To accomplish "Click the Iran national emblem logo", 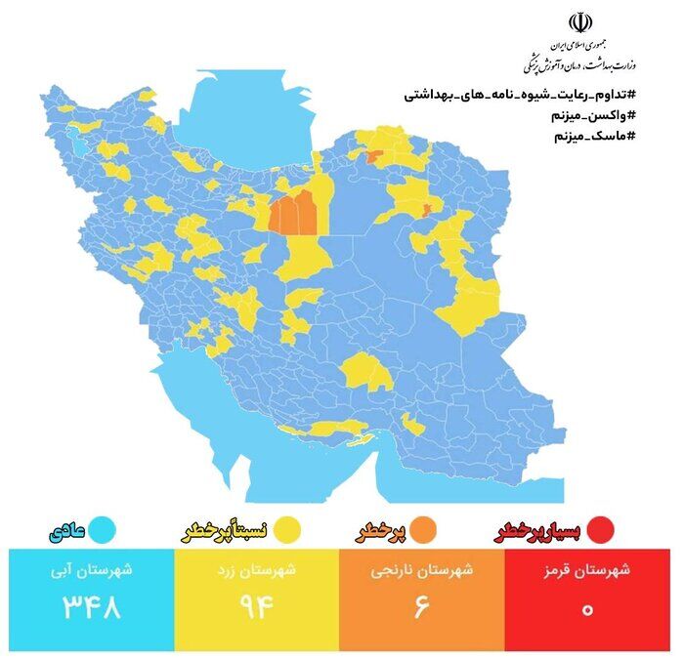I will (x=581, y=22).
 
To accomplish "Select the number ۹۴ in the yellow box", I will (x=257, y=607).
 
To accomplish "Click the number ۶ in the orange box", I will (x=422, y=607).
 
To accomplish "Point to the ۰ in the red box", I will (x=588, y=608).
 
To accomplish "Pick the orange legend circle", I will (x=425, y=531).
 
